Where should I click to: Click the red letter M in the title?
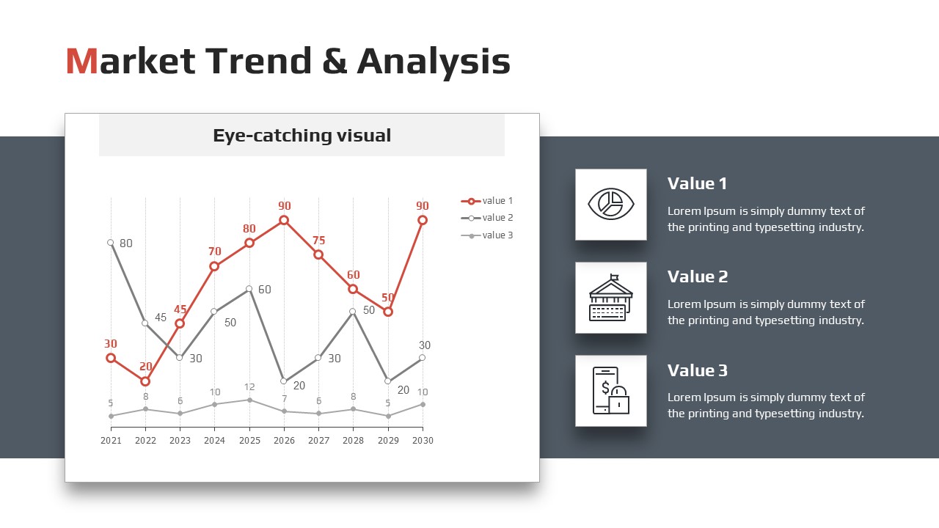pyautogui.click(x=81, y=61)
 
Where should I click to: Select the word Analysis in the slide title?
pyautogui.click(x=434, y=62)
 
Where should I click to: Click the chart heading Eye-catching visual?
pyautogui.click(x=302, y=136)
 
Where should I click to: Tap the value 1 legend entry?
pyautogui.click(x=486, y=201)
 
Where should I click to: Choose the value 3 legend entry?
pyautogui.click(x=486, y=235)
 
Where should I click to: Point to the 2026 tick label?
pyautogui.click(x=284, y=441)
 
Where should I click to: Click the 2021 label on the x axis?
pyautogui.click(x=111, y=441)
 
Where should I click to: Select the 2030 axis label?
pyautogui.click(x=423, y=441)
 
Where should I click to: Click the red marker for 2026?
pyautogui.click(x=284, y=220)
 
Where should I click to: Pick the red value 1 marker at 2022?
pyautogui.click(x=145, y=381)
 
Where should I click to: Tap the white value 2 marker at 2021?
pyautogui.click(x=111, y=243)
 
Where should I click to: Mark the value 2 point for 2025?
pyautogui.click(x=249, y=289)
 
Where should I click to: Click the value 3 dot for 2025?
pyautogui.click(x=249, y=400)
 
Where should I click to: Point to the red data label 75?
pyautogui.click(x=318, y=241)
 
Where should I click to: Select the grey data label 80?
pyautogui.click(x=125, y=243)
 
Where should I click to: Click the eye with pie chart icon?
pyautogui.click(x=611, y=204)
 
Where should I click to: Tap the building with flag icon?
pyautogui.click(x=611, y=298)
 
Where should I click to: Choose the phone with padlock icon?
pyautogui.click(x=611, y=391)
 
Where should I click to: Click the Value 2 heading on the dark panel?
pyautogui.click(x=698, y=276)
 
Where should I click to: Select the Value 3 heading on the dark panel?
pyautogui.click(x=698, y=370)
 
